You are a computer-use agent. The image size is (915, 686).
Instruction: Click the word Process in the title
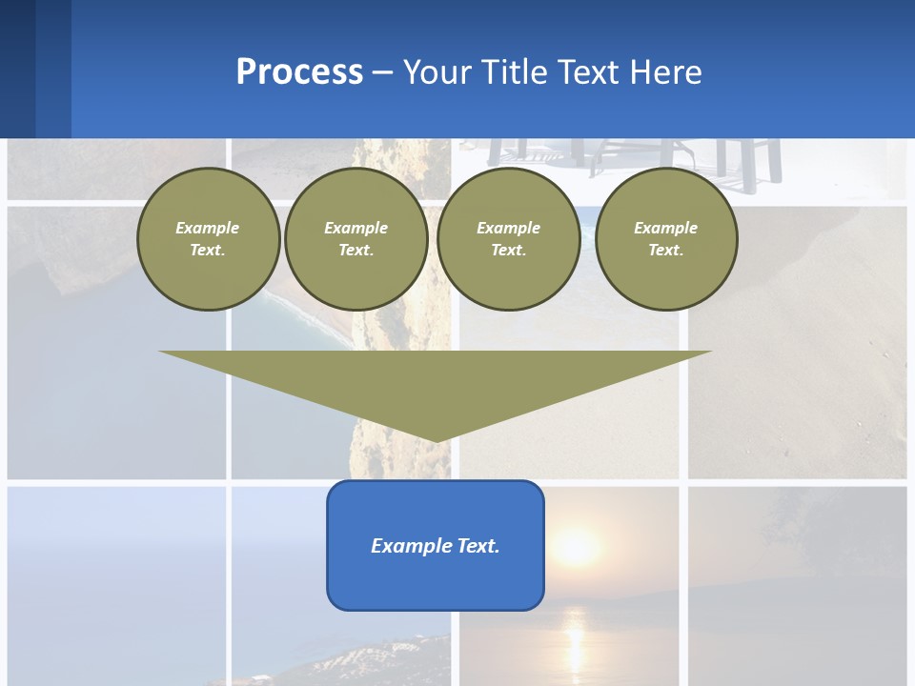tap(299, 71)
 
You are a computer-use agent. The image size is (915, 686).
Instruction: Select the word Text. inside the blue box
tap(478, 546)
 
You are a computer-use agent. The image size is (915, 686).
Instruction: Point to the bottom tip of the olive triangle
tap(436, 440)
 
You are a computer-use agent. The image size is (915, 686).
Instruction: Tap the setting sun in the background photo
tap(577, 546)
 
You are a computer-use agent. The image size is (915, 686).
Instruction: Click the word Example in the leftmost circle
tap(208, 228)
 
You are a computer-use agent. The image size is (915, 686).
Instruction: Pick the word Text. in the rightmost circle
tap(666, 250)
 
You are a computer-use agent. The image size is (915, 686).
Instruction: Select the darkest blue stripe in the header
tap(17, 69)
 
